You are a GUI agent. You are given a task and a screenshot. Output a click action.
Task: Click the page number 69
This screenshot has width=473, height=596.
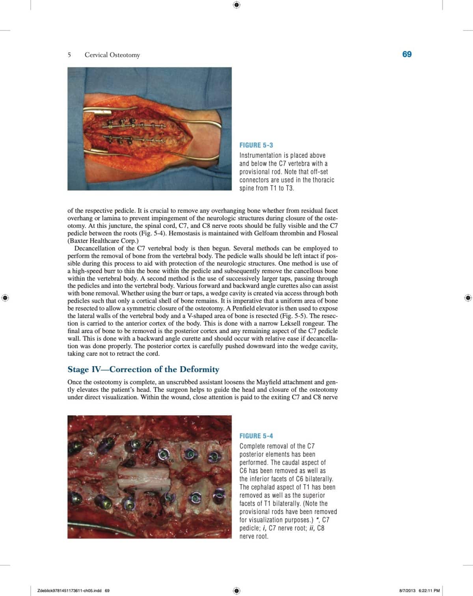coord(407,54)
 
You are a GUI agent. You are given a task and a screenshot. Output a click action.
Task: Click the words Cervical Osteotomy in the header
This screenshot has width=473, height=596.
coord(112,55)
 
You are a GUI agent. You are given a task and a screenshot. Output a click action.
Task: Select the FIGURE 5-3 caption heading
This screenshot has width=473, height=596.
coord(256,145)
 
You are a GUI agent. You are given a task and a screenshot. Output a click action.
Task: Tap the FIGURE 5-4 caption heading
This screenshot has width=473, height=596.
coord(256,436)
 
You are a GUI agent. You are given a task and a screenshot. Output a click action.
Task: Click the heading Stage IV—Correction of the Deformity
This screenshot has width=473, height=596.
coord(143,369)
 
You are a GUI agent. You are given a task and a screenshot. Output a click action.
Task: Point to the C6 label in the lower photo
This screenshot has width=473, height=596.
coord(171,461)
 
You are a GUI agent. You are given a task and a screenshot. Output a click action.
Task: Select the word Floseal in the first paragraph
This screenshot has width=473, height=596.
coord(328,233)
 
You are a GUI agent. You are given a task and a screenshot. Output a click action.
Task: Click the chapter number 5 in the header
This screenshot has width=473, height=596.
coord(69,55)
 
